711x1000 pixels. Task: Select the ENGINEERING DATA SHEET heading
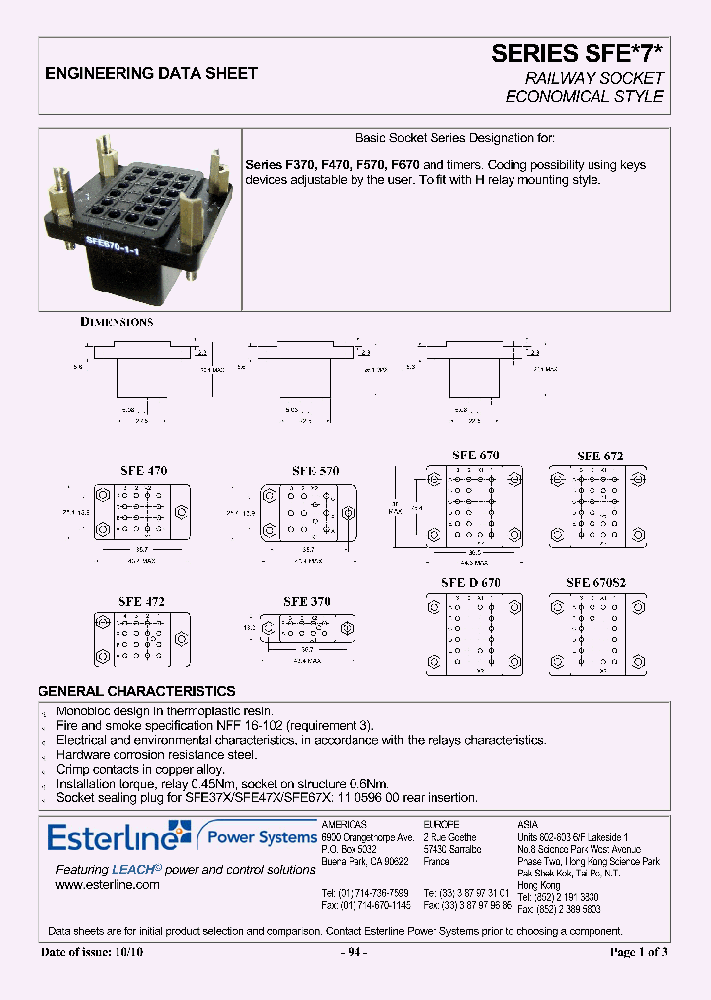152,73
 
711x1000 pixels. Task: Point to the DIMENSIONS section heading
117,322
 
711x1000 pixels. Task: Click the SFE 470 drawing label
143,471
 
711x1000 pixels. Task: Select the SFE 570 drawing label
315,471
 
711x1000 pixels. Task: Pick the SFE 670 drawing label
475,456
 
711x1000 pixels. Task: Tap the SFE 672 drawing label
599,456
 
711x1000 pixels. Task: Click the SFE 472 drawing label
141,601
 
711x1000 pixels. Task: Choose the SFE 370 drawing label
307,601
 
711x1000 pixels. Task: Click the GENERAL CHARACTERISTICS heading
136,691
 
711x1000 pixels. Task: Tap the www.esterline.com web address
108,885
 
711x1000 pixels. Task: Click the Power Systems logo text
260,838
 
